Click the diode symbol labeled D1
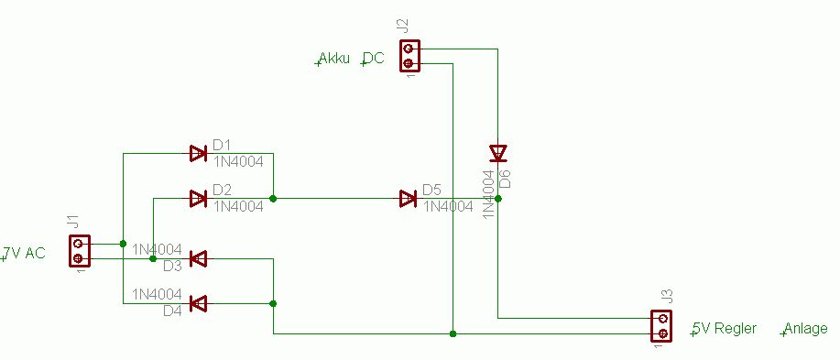198,154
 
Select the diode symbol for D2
198,199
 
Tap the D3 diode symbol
198,258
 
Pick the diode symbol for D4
198,304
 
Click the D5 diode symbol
409,199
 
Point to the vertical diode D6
498,153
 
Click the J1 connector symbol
80,251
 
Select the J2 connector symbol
409,56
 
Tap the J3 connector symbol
661,326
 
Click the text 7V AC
24,253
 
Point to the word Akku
333,58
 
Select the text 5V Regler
724,328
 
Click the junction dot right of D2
273,199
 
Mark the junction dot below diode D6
498,199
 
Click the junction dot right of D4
273,304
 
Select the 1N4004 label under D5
448,206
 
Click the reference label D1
222,145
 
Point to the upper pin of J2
409,49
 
